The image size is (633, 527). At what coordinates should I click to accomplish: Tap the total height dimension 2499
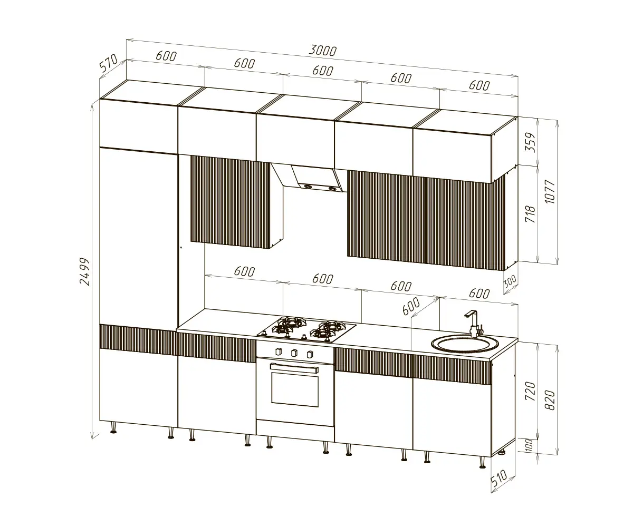pos(85,271)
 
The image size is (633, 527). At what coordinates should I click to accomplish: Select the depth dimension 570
pos(109,63)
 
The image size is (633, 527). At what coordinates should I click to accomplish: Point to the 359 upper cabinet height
pos(531,142)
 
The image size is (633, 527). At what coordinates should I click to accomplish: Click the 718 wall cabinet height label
pos(531,214)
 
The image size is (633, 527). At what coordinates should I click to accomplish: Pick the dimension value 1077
pos(550,192)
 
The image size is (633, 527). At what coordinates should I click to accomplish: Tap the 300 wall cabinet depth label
pos(510,282)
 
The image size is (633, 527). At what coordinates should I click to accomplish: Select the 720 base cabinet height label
pos(531,391)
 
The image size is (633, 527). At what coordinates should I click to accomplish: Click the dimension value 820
pos(550,400)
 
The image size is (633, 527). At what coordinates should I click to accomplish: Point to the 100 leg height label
pos(529,445)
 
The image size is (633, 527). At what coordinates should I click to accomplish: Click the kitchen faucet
pos(474,324)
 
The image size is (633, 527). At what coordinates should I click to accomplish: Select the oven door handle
pos(294,368)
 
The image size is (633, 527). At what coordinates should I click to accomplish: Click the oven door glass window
pos(295,390)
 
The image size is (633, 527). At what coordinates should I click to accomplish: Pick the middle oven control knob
pos(294,353)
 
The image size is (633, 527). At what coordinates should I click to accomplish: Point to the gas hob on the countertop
pos(306,329)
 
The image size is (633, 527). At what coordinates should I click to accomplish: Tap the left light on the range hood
pos(308,187)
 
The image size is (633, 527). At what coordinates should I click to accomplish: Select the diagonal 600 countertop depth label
pos(411,306)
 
